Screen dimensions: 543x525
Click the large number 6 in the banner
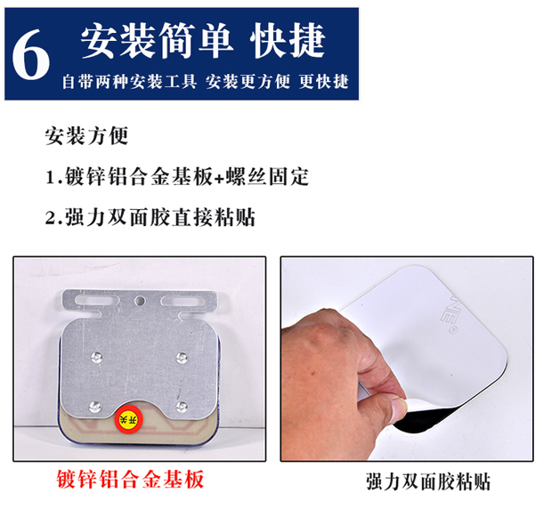pos(31,54)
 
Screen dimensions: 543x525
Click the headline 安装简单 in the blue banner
pos(157,40)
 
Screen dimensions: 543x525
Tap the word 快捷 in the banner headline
pos(288,40)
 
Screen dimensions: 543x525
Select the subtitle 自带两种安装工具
pos(129,82)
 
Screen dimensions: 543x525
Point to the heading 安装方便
pos(86,135)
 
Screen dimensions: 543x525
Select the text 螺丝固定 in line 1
pos(267,177)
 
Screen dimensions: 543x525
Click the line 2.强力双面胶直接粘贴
pos(150,218)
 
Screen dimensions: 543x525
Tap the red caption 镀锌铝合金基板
pos(130,480)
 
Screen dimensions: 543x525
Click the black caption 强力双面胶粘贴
pos(428,481)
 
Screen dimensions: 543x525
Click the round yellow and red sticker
pos(129,419)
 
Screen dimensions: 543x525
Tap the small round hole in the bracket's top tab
pos(140,301)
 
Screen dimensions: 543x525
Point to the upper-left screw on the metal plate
pos(96,357)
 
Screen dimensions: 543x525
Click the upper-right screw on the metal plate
pos(182,358)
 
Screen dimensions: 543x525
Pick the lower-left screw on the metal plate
pos(95,407)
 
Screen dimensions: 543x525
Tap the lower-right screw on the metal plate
pos(182,407)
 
